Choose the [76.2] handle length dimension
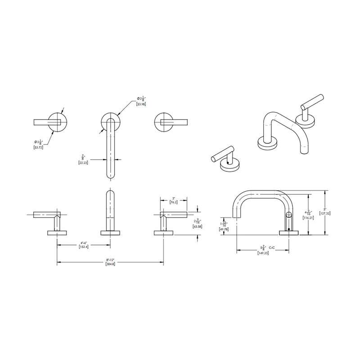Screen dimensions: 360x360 point(174,202)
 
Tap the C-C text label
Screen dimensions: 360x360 point(271,247)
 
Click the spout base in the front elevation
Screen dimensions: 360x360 point(110,233)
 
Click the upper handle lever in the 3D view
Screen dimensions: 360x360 point(314,102)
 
